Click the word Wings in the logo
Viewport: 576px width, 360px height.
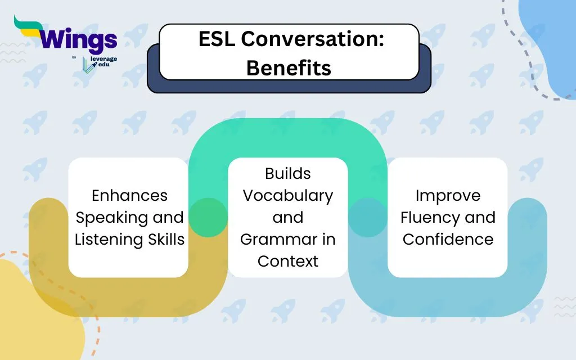78,40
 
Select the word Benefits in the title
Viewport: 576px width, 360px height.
289,67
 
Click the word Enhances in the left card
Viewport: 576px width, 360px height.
129,195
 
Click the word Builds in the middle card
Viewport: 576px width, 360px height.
288,173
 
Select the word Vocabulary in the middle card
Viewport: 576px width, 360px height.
288,195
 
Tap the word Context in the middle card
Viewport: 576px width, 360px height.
288,261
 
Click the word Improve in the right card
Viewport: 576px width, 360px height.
448,195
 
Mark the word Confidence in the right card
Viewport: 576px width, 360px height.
448,239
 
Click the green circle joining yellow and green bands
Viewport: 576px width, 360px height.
208,217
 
